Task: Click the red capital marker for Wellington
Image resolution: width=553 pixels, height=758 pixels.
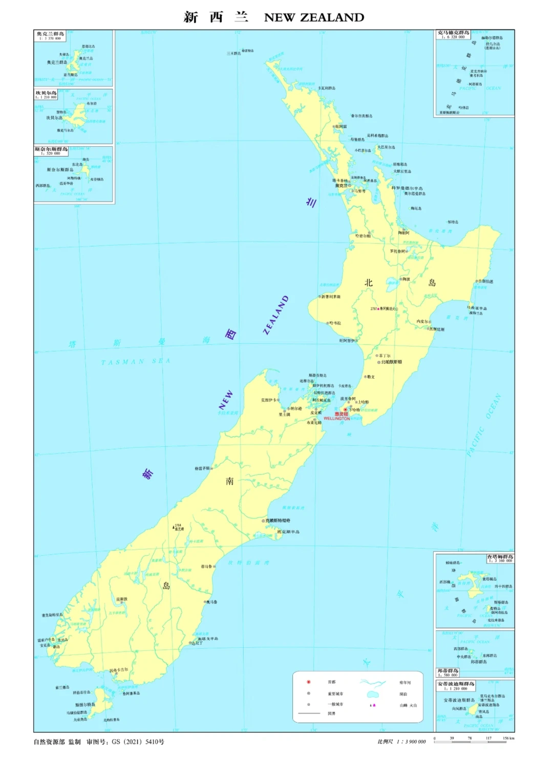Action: (x=345, y=409)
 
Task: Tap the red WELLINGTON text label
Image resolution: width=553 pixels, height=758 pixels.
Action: (x=336, y=419)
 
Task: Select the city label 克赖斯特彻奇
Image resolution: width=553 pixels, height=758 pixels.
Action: (x=278, y=521)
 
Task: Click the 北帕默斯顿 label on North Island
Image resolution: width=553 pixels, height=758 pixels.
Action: (x=391, y=362)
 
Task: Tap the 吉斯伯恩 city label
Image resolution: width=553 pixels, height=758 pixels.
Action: (x=485, y=281)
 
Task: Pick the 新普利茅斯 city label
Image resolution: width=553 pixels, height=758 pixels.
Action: (x=331, y=297)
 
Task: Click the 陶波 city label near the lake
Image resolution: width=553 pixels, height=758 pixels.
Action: (x=406, y=279)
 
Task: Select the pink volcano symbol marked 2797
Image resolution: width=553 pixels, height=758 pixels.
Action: (x=378, y=309)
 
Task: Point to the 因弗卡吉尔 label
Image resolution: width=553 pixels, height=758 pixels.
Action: (x=119, y=669)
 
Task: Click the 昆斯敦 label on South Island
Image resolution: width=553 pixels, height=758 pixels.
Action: (x=122, y=599)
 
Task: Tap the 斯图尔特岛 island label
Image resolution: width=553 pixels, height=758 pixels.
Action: (x=86, y=705)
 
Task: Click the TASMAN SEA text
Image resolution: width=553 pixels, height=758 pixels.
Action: (x=135, y=362)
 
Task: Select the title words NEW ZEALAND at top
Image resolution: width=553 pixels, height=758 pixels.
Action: (x=314, y=17)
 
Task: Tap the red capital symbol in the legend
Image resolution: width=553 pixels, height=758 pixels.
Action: (x=308, y=682)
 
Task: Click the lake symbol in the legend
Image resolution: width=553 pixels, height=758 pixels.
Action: (x=373, y=694)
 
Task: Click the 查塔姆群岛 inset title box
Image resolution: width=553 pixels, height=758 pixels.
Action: (x=500, y=558)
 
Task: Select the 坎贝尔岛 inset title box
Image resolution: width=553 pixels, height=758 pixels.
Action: (x=46, y=95)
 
